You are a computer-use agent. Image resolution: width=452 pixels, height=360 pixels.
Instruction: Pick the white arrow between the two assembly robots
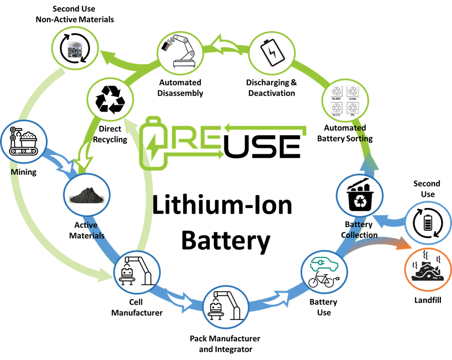coord(182,300)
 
